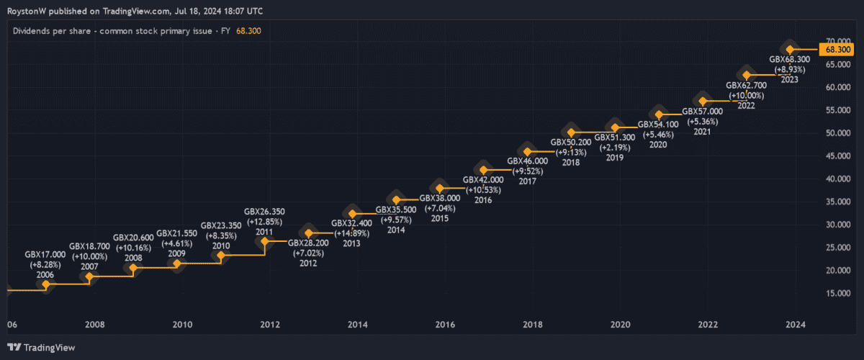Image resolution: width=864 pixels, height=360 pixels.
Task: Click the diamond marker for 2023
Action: [790, 49]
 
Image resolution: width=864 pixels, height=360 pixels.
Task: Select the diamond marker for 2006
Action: [46, 285]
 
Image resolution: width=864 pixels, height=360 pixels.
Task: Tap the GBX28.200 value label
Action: [308, 243]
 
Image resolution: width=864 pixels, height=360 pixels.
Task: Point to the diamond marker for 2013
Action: [352, 213]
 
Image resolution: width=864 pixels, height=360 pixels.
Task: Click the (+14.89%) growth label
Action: [351, 233]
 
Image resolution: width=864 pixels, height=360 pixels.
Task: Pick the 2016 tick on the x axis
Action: [444, 325]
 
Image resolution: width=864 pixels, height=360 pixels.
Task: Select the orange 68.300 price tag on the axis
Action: [839, 50]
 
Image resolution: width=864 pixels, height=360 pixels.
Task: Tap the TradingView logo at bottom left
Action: [40, 348]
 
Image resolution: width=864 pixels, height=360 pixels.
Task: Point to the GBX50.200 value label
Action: [570, 142]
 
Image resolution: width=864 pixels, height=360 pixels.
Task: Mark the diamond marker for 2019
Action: [614, 128]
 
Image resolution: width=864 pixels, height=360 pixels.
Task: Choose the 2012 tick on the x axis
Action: [269, 325]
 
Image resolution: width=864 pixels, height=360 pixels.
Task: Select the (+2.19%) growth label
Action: [613, 148]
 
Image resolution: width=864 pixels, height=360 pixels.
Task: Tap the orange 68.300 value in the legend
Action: [248, 32]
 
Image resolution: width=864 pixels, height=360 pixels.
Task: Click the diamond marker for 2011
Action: [264, 241]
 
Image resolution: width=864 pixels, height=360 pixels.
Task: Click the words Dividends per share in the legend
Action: [54, 32]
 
